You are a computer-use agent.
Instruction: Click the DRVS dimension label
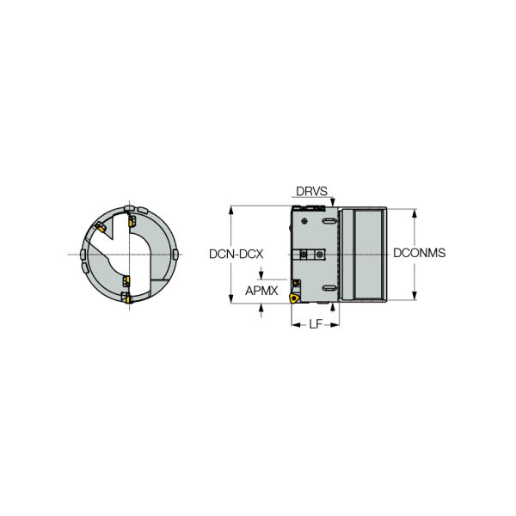[311, 191]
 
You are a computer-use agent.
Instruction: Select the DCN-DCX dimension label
[236, 254]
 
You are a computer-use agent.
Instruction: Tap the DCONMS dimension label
[420, 253]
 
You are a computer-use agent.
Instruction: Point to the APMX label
[261, 291]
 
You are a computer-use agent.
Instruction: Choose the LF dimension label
[316, 324]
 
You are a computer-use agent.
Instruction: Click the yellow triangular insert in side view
[294, 298]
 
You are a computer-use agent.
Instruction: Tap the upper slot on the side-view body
[329, 221]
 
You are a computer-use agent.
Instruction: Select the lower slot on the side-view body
[329, 288]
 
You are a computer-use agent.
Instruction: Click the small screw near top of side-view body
[304, 221]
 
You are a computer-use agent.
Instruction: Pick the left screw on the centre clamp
[304, 254]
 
